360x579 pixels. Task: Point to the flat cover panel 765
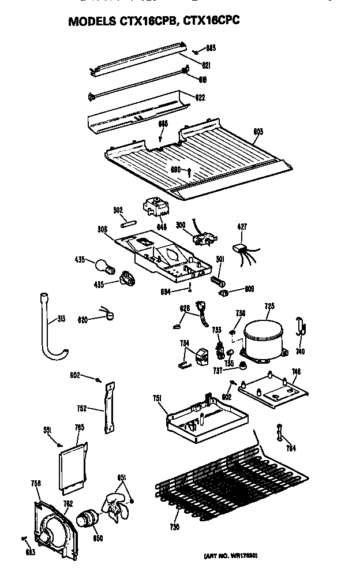point(72,466)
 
